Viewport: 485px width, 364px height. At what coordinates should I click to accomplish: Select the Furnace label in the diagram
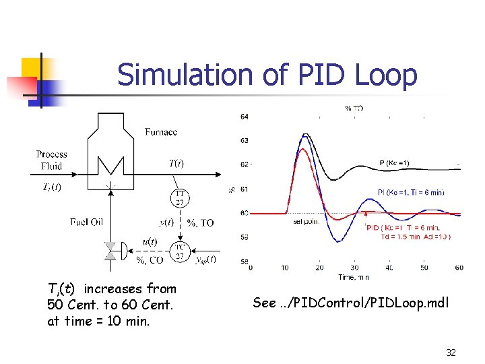coord(161,132)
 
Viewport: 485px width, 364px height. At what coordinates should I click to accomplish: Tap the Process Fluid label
coord(52,160)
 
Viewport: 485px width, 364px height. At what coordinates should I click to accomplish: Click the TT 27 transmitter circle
coord(181,198)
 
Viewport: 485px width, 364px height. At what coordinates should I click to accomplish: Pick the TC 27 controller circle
coord(180,251)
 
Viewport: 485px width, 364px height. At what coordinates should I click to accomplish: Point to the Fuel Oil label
coord(87,222)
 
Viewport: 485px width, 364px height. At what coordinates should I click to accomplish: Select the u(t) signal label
coord(150,241)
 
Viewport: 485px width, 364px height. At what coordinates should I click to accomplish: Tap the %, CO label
coord(150,260)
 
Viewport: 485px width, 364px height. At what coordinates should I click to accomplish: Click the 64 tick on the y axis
coord(244,117)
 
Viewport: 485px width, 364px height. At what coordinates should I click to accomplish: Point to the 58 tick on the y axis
coord(244,262)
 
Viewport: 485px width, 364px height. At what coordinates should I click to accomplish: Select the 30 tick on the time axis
coord(354,268)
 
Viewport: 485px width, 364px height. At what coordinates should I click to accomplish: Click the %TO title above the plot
coord(354,108)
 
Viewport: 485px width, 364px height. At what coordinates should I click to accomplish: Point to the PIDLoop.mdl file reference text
coord(350,303)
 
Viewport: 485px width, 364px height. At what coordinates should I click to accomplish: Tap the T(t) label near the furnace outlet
coord(176,162)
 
